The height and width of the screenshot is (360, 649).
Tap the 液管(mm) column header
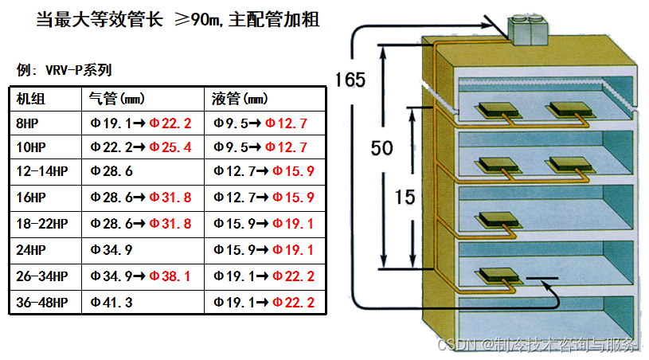pos(240,100)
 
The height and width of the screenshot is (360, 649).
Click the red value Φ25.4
pos(170,147)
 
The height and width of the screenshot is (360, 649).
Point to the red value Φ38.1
pos(170,277)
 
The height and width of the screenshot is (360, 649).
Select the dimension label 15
pos(405,198)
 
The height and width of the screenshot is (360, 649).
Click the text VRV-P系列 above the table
pos(79,69)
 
